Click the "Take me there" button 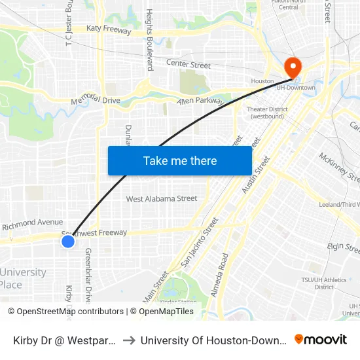(180, 160)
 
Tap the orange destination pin (292, 68)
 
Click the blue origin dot (68, 242)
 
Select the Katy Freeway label (110, 30)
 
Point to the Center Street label (189, 65)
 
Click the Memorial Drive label (96, 99)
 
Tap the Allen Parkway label (200, 101)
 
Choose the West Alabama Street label (162, 198)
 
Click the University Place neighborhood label (24, 278)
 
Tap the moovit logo (321, 339)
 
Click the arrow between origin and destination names (129, 340)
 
